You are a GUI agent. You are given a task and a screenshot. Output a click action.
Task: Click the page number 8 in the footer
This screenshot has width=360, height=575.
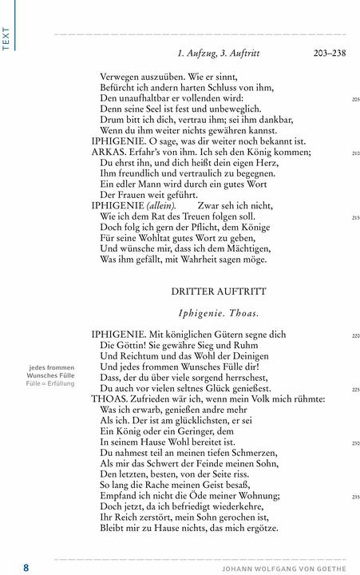[x=26, y=567]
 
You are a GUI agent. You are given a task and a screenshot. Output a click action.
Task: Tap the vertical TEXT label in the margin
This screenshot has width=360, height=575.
[x=6, y=38]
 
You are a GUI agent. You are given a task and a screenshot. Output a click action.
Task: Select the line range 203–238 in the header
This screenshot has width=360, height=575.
[x=329, y=54]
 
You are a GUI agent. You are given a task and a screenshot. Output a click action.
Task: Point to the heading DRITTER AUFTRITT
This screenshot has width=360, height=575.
[x=218, y=291]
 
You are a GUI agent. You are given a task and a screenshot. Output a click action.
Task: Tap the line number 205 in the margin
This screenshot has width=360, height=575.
[x=355, y=99]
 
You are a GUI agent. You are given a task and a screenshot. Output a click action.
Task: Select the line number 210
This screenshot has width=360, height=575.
[x=355, y=153]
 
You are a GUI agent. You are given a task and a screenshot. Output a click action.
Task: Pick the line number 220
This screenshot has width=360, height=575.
[x=355, y=336]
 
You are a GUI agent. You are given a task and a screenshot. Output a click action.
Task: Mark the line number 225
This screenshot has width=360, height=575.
[x=355, y=390]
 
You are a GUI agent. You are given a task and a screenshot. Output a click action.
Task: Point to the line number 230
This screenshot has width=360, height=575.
[x=355, y=443]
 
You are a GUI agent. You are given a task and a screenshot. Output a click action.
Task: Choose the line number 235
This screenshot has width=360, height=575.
[x=355, y=497]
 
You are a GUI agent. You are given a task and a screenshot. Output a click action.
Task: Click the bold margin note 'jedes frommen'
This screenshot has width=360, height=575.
[x=52, y=367]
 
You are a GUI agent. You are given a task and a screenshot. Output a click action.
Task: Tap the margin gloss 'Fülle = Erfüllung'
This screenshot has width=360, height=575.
[x=50, y=383]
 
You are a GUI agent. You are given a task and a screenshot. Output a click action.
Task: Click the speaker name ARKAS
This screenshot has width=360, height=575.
[x=109, y=152]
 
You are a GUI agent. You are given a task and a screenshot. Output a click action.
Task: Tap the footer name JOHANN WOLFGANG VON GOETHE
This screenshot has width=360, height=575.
[x=283, y=568]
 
